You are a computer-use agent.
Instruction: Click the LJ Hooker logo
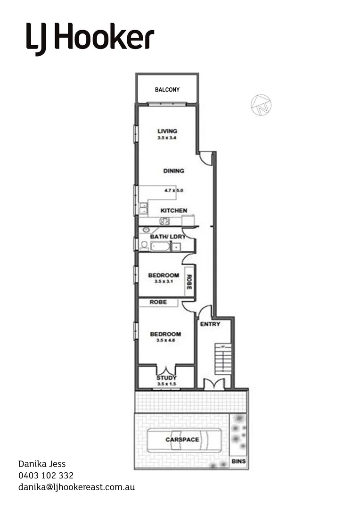(90, 38)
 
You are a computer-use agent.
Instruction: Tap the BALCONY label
(167, 90)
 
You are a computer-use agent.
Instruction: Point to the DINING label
(173, 171)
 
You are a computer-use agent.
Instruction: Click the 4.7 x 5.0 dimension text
(173, 191)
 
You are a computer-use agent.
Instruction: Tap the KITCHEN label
(174, 211)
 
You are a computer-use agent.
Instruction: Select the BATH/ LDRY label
(168, 236)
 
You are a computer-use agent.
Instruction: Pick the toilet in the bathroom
(144, 245)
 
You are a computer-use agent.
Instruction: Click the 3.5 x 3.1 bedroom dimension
(164, 281)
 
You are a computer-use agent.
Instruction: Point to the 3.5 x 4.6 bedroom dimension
(165, 340)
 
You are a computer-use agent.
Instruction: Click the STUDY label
(166, 378)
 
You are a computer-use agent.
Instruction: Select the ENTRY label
(210, 324)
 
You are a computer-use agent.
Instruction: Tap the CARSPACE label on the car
(182, 440)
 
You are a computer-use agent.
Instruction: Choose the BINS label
(239, 462)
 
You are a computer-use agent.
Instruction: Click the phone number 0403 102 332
(46, 476)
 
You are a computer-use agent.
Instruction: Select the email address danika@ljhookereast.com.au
(76, 487)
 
